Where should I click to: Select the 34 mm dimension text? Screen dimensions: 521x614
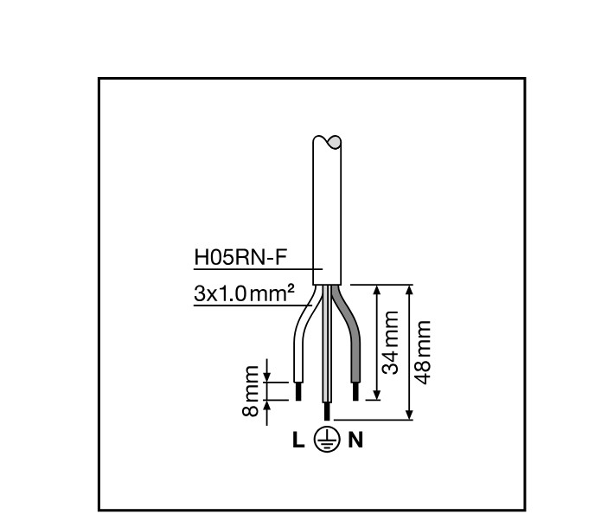(x=391, y=344)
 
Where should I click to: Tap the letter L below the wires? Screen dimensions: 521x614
(x=298, y=441)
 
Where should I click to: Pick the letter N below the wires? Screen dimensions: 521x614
(x=355, y=441)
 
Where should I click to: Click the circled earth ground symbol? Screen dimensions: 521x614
(x=327, y=441)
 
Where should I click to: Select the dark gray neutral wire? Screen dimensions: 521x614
(x=349, y=338)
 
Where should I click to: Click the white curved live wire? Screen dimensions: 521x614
(x=302, y=338)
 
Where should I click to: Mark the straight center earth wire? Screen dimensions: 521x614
(x=326, y=346)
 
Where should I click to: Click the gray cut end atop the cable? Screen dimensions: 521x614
(x=335, y=141)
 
